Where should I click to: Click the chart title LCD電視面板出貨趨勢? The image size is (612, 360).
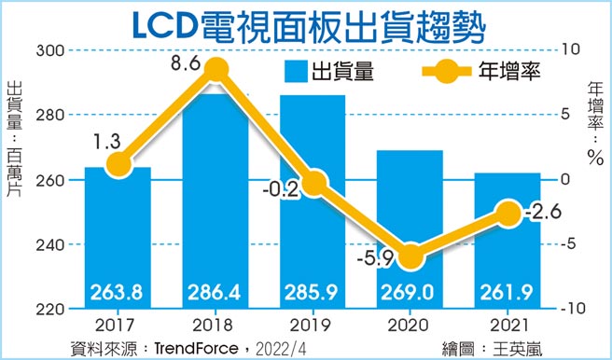pos(305,22)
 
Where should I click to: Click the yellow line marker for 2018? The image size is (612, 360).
pos(216,71)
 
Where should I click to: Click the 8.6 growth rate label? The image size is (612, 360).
pos(184,66)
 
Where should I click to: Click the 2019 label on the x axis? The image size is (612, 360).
pos(312,326)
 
